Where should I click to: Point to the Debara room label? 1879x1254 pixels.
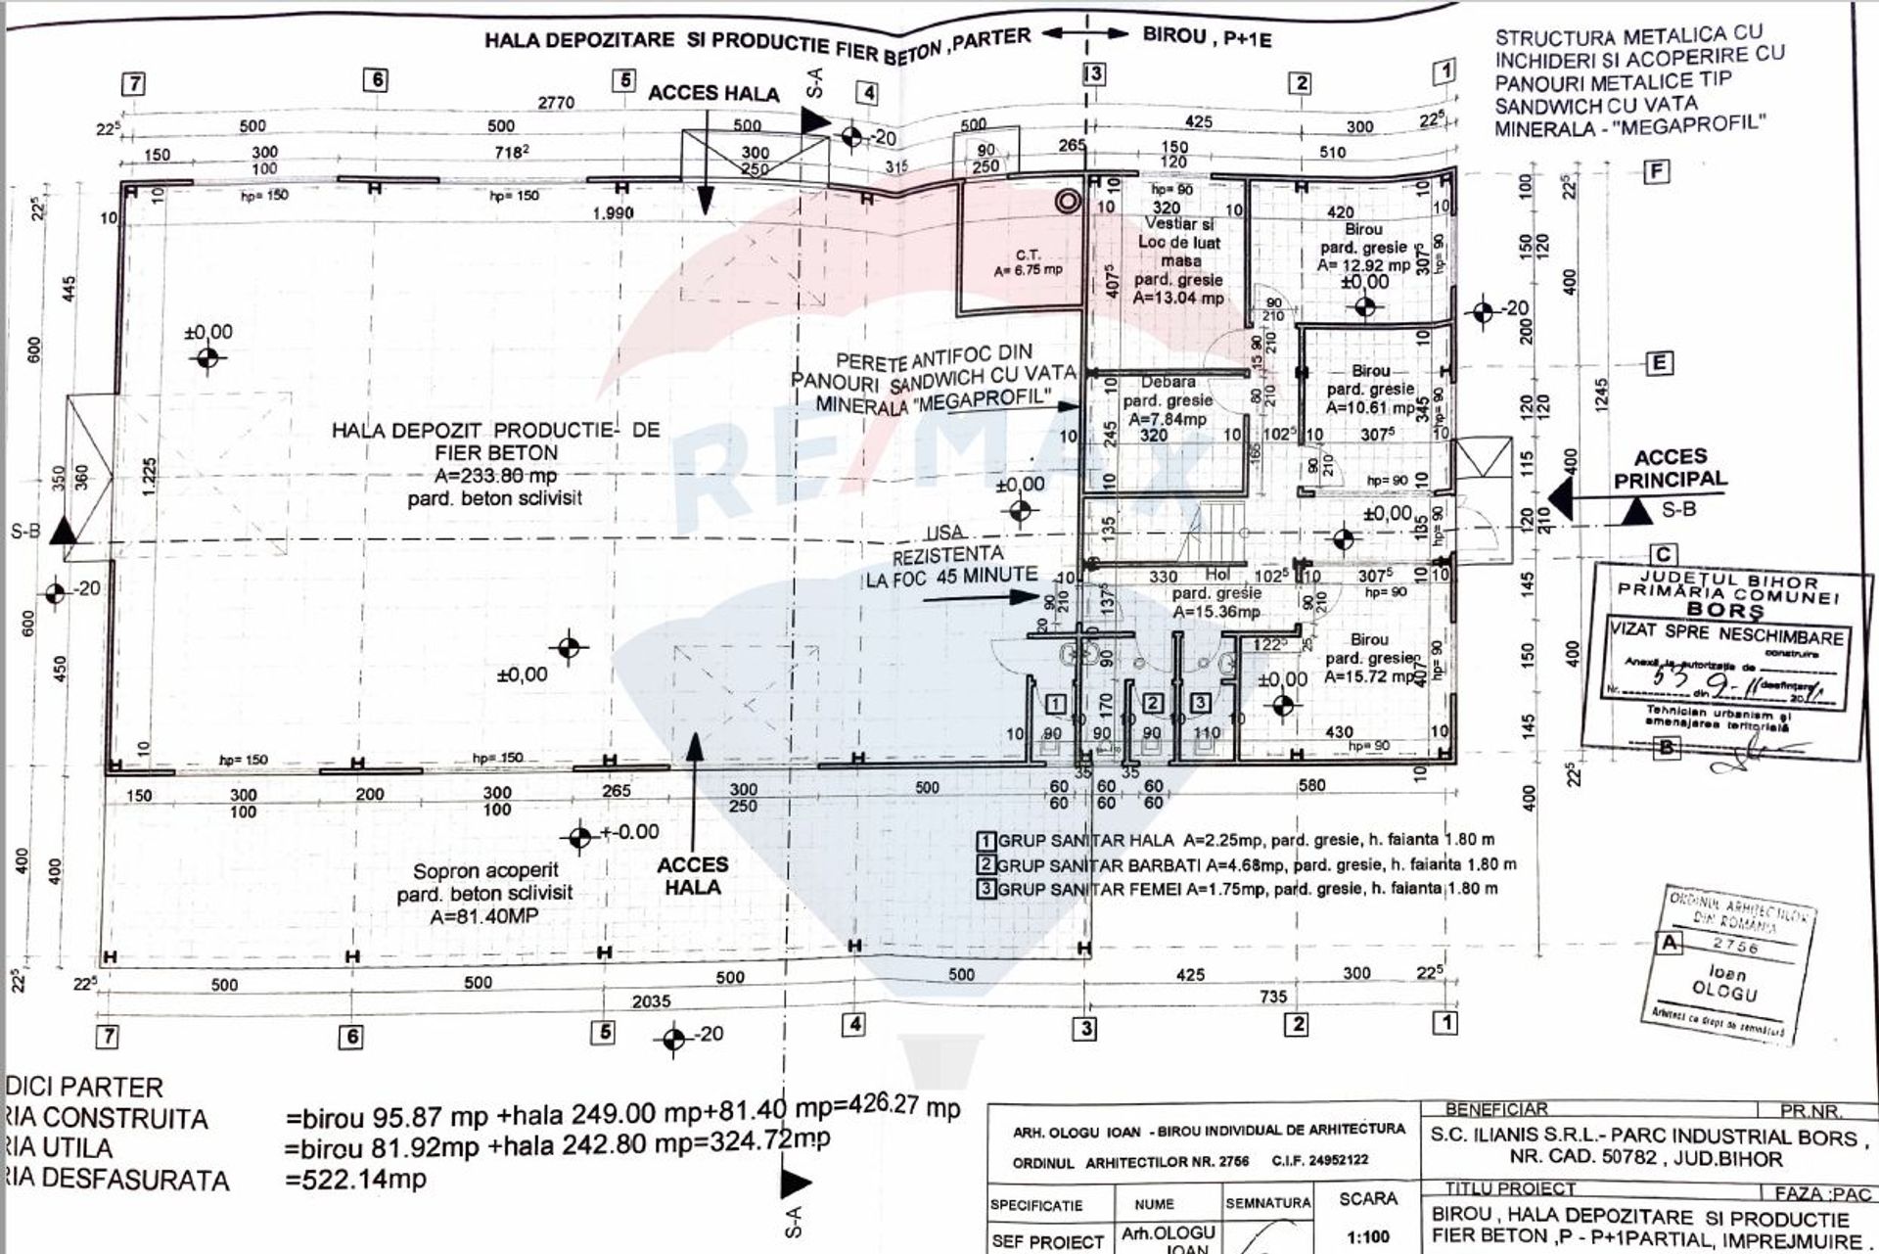coord(1168,381)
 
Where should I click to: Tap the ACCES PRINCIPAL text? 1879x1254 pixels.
coord(1671,468)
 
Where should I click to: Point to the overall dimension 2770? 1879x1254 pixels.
coord(552,102)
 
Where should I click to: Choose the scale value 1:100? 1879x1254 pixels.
coord(1368,1236)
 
